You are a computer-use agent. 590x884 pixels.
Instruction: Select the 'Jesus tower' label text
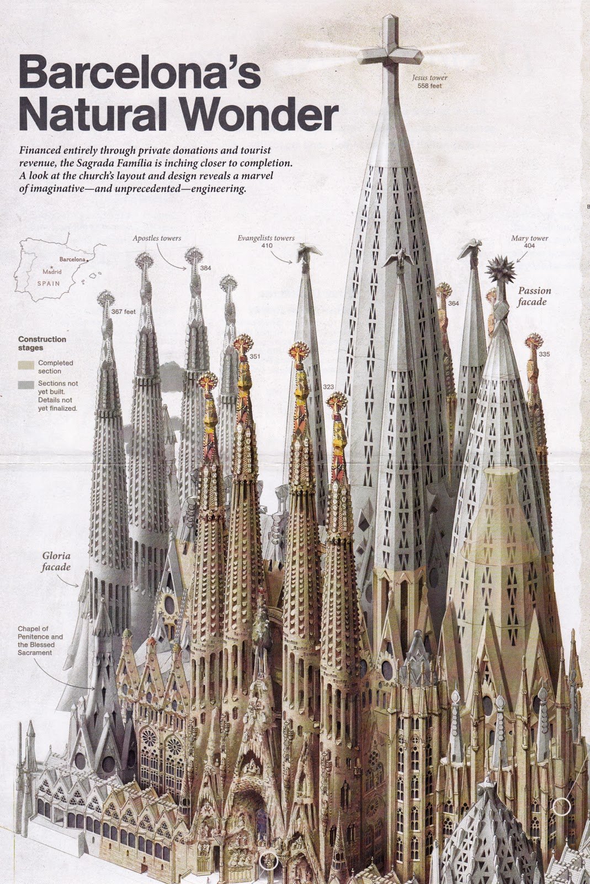point(429,78)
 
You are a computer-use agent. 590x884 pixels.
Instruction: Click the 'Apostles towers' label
point(157,238)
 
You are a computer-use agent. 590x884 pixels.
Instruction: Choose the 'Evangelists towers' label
point(266,238)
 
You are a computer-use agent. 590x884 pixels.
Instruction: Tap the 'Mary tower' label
point(529,238)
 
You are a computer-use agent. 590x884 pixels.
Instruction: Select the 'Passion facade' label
point(534,296)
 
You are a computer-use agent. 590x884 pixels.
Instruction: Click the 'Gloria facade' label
point(56,561)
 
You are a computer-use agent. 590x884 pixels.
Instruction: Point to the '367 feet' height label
point(123,312)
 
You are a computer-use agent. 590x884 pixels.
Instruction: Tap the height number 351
point(254,356)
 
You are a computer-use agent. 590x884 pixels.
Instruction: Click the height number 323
point(328,387)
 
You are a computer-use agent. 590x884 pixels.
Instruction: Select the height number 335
point(544,354)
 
